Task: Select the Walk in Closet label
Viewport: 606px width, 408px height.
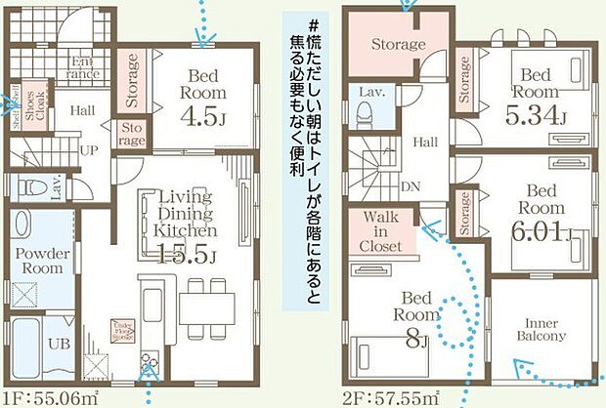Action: (380, 232)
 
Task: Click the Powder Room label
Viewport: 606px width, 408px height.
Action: (41, 260)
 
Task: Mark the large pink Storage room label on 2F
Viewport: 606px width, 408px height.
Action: (398, 45)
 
